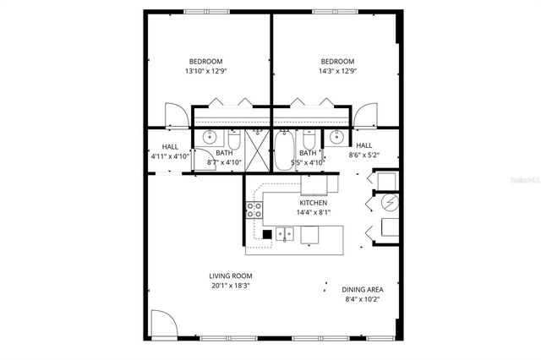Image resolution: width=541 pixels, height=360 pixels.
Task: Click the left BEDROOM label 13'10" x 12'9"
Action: (x=205, y=66)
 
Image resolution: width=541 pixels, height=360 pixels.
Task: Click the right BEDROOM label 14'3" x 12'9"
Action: (x=337, y=66)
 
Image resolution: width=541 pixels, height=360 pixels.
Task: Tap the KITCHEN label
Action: (x=313, y=209)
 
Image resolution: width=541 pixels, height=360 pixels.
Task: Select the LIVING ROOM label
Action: (x=231, y=281)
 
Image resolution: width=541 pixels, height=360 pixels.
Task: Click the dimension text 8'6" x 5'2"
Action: (x=364, y=155)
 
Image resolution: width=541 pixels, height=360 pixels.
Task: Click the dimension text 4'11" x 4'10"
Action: (x=169, y=155)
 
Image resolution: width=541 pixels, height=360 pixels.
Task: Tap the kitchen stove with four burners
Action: (x=253, y=210)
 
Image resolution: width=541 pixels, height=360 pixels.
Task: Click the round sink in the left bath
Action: (x=210, y=138)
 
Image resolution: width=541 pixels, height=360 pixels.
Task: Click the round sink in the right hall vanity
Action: (x=336, y=138)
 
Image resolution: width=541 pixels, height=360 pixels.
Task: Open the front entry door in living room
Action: (x=163, y=323)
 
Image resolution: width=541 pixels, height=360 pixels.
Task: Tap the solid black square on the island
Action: (x=267, y=234)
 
